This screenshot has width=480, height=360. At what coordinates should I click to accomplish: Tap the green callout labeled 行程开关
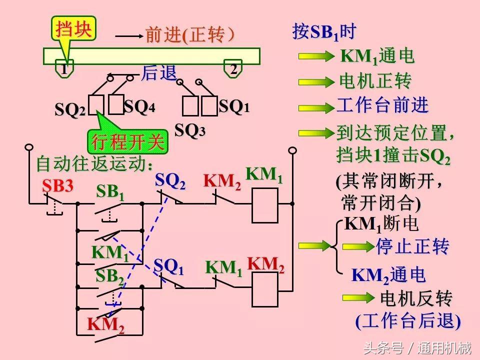pos(127,142)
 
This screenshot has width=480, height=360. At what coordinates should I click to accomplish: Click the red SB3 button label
pos(57,186)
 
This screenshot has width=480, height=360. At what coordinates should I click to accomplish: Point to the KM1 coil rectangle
pos(264,205)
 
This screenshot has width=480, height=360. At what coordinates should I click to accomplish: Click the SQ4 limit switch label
pos(139,106)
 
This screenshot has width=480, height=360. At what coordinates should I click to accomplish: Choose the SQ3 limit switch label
pos(189,130)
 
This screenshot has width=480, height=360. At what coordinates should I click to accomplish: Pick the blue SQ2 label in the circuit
pos(170,181)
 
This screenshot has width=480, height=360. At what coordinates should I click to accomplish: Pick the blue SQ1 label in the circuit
pos(168,267)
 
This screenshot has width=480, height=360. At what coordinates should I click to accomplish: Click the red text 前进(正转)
pos(189,35)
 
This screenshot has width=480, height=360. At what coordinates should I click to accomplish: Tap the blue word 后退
pos(159,73)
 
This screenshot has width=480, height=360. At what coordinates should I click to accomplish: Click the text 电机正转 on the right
pos(375,81)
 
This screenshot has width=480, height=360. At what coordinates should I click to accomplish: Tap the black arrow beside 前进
pos(128,36)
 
